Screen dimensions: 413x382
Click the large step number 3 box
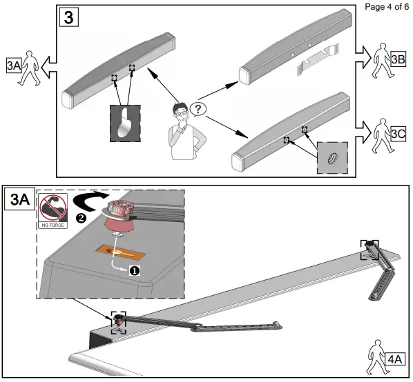tap(69, 17)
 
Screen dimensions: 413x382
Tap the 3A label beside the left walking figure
tap(14, 66)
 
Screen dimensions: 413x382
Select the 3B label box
tap(398, 59)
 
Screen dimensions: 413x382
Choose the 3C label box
tap(398, 134)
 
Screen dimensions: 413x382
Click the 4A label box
tap(395, 359)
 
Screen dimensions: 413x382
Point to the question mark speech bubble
tap(198, 109)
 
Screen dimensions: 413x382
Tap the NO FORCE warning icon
tap(52, 211)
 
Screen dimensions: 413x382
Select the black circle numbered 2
tap(81, 218)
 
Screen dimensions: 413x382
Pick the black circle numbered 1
tap(135, 270)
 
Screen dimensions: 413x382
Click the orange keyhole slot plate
tap(121, 252)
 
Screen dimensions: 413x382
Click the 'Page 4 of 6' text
tap(387, 7)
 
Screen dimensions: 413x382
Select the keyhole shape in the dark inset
tap(124, 123)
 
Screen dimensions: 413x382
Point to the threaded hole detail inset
tap(332, 158)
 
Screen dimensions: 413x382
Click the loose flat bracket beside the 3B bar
tap(318, 60)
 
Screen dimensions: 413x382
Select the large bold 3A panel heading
tap(20, 199)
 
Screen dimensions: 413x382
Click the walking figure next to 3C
tap(382, 136)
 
